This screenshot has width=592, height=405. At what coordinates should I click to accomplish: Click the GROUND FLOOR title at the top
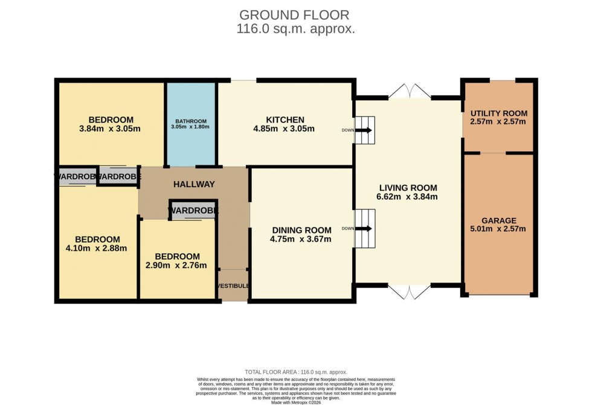[x=295, y=14]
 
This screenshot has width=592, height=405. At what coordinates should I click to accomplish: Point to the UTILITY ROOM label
[x=499, y=113]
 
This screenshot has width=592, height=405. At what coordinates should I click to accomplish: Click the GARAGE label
[x=498, y=220]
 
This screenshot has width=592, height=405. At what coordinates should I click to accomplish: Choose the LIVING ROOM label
[x=406, y=187]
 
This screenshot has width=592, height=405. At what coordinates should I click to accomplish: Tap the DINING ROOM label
[x=301, y=230]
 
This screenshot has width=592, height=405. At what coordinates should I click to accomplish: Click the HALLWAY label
[x=194, y=184]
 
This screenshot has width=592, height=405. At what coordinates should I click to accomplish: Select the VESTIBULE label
[x=233, y=285]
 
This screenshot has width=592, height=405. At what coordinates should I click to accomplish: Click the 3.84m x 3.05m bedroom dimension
[x=111, y=129]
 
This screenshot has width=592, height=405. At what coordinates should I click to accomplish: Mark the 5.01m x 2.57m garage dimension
[x=498, y=229]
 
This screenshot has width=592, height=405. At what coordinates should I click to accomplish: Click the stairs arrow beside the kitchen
[x=365, y=130]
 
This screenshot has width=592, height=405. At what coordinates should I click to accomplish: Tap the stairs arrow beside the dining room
[x=365, y=229]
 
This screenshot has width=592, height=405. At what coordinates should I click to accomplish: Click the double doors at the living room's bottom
[x=409, y=292]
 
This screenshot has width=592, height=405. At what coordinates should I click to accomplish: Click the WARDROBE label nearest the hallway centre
[x=193, y=211]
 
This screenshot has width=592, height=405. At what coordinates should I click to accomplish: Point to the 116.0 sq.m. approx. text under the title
[x=295, y=28]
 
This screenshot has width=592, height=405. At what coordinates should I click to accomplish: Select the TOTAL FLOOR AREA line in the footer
[x=295, y=372]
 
